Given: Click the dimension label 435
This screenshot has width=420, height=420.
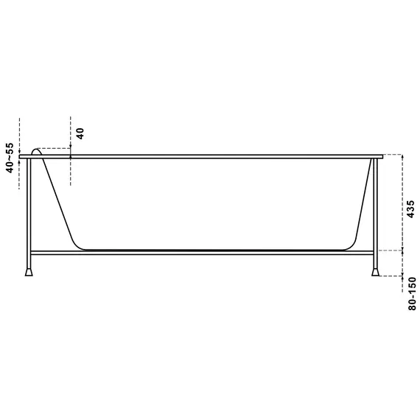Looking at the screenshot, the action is pyautogui.click(x=410, y=209).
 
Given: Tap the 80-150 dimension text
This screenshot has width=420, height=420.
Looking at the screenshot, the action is pyautogui.click(x=413, y=293).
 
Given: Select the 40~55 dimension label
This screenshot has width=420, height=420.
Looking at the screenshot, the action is pyautogui.click(x=10, y=158).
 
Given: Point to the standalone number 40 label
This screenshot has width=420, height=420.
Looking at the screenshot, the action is pyautogui.click(x=80, y=133).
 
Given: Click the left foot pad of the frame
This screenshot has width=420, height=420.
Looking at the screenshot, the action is pyautogui.click(x=29, y=272).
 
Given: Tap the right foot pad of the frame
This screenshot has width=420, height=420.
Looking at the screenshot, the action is pyautogui.click(x=375, y=272).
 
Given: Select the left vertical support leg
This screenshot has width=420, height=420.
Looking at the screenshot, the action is pyautogui.click(x=29, y=214).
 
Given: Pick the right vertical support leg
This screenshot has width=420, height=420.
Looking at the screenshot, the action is pyautogui.click(x=375, y=214).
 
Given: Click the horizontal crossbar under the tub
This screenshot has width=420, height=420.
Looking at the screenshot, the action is pyautogui.click(x=202, y=253).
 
